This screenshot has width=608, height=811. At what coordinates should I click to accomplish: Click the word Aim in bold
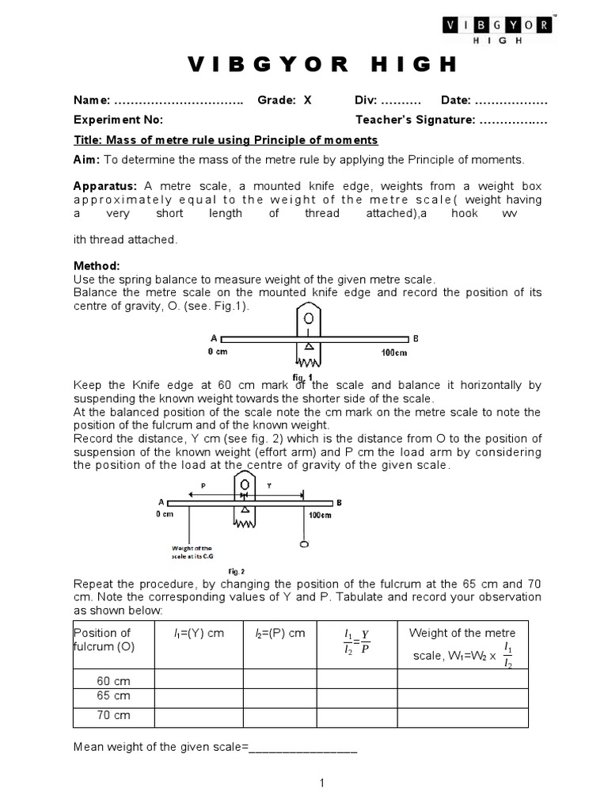[85, 160]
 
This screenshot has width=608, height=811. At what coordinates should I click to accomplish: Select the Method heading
[97, 266]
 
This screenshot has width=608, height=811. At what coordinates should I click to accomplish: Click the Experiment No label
[118, 120]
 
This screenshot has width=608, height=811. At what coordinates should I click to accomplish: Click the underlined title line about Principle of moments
[226, 140]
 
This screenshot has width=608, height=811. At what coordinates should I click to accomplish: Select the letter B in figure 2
[340, 502]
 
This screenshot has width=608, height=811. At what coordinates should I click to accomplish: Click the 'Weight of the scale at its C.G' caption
[192, 552]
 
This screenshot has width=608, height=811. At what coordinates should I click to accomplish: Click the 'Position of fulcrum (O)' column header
[103, 640]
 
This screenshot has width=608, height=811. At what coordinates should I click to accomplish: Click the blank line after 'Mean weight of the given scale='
[303, 748]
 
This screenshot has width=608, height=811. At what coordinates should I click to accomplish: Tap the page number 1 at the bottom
[322, 783]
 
